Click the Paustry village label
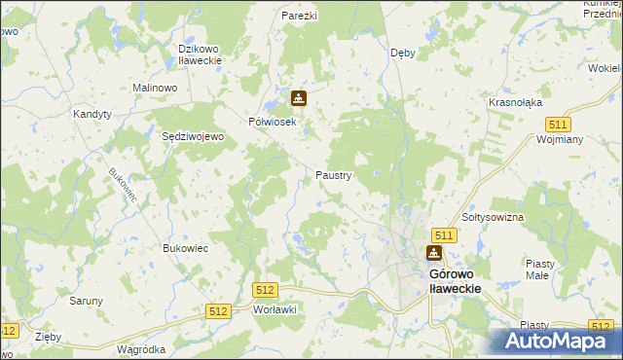point(333,176)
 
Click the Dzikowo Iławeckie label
point(201,54)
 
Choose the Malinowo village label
point(155,88)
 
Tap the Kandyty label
point(92,114)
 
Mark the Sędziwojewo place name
point(193,137)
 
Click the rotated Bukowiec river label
point(125,187)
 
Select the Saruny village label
point(86,301)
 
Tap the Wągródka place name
point(140,348)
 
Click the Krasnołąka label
point(516,102)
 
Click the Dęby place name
point(402,53)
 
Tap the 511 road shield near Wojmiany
point(558,125)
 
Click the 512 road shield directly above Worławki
point(265,290)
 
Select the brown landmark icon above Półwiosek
point(298,98)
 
